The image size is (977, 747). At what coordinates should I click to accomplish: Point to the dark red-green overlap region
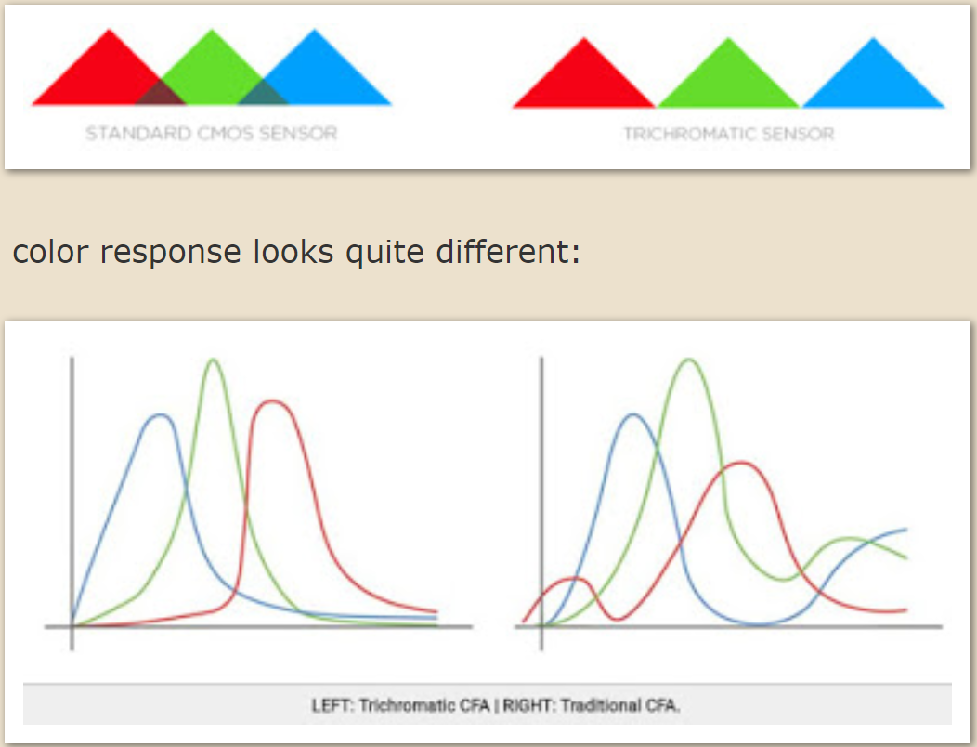[160, 95]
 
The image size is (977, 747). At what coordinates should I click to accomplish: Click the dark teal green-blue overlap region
[263, 95]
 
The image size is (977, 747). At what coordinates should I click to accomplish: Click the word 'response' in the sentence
[170, 253]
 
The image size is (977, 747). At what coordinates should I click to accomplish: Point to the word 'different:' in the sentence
[508, 251]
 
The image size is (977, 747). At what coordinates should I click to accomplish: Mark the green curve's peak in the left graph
[213, 360]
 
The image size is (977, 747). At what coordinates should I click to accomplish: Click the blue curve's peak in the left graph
[162, 414]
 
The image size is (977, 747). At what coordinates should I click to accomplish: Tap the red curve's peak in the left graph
[272, 401]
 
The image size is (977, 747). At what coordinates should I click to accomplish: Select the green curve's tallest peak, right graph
[688, 360]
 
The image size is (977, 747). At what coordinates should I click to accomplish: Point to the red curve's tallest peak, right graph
[740, 463]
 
